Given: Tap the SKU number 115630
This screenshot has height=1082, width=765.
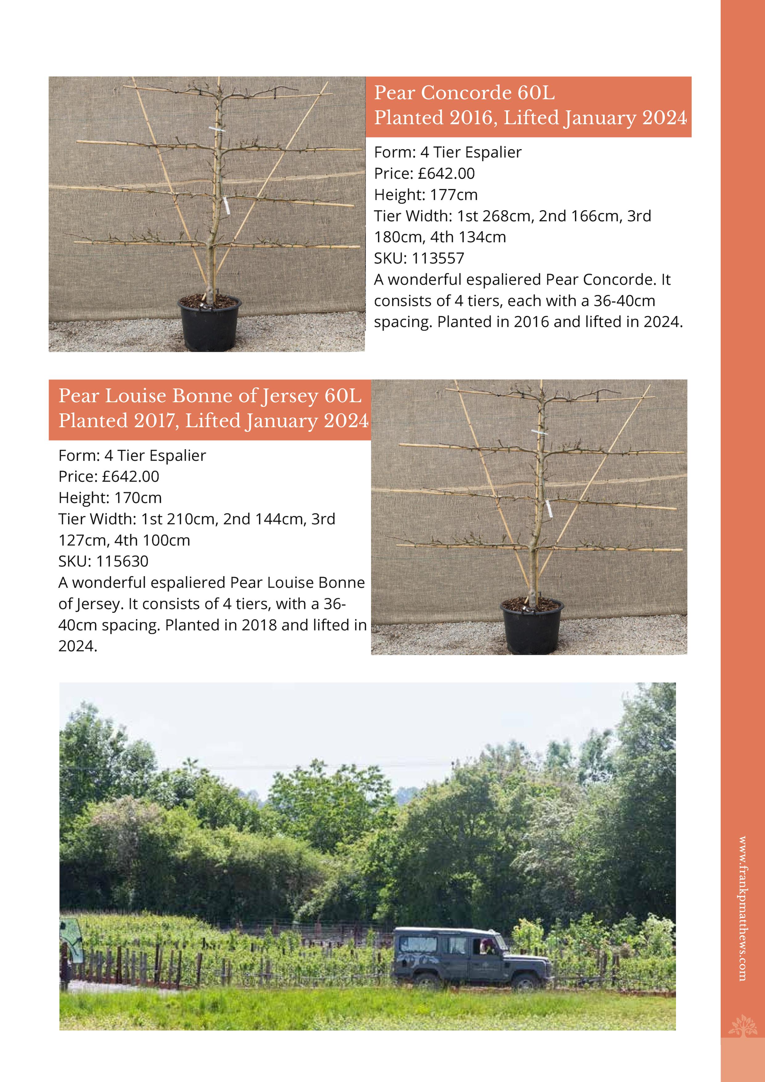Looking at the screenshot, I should pyautogui.click(x=122, y=561).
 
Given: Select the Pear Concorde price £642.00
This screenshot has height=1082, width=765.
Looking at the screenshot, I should pyautogui.click(x=446, y=173).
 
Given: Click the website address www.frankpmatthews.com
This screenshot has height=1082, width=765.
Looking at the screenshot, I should pyautogui.click(x=742, y=909).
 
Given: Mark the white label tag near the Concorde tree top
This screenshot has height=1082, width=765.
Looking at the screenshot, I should pyautogui.click(x=216, y=129).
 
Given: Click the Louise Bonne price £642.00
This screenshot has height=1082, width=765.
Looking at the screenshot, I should pyautogui.click(x=130, y=476).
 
